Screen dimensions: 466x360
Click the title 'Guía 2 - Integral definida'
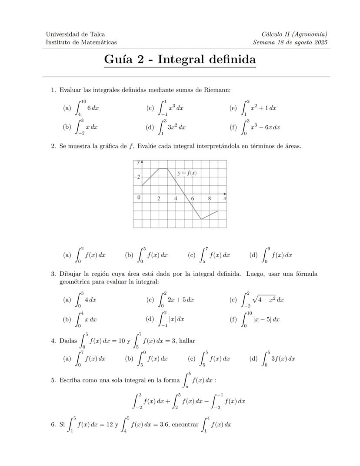point(180,60)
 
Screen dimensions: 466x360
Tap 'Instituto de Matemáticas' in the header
point(81,42)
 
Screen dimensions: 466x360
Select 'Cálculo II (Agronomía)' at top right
point(294,34)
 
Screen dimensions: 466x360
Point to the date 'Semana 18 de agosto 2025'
point(290,42)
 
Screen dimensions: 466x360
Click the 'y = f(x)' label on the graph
point(187,173)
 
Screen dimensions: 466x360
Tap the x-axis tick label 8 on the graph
point(209,198)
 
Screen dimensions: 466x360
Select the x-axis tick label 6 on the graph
point(193,198)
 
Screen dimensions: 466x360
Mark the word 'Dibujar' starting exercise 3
point(70,274)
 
